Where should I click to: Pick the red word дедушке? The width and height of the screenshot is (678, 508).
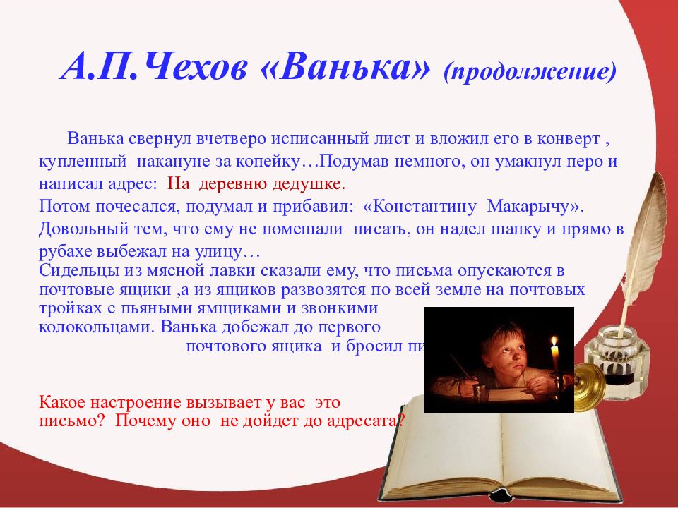pos(311,185)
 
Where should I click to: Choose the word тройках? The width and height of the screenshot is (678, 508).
pos(64,308)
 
